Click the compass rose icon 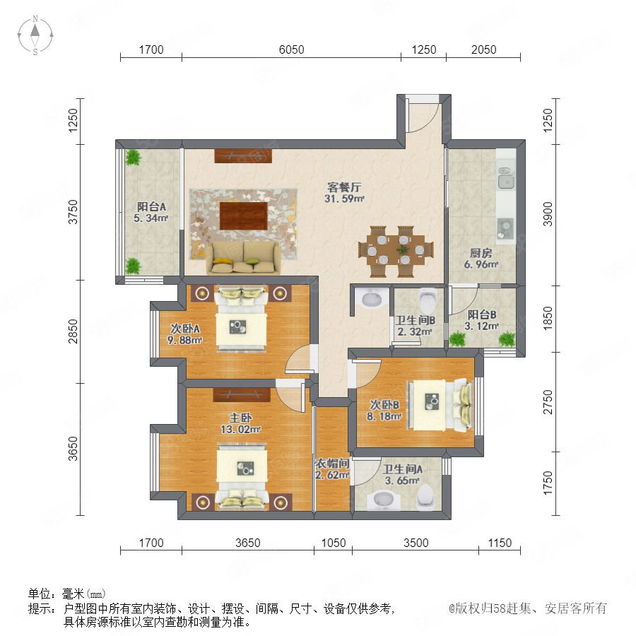(x=35, y=35)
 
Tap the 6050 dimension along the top (x=291, y=49)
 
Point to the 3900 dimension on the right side (x=548, y=213)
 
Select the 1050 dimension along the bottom (x=334, y=543)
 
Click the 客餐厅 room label (x=344, y=187)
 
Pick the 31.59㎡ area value (x=344, y=199)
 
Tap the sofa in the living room (x=243, y=257)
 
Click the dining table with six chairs (x=396, y=252)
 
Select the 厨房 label (x=481, y=253)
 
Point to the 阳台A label (x=151, y=206)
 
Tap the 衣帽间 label (x=333, y=463)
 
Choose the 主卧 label (x=240, y=418)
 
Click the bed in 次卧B (x=440, y=406)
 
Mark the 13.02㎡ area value (x=240, y=429)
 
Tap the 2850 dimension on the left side (x=73, y=331)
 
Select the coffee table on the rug (x=243, y=216)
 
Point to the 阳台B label (x=481, y=314)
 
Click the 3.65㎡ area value (x=402, y=481)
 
